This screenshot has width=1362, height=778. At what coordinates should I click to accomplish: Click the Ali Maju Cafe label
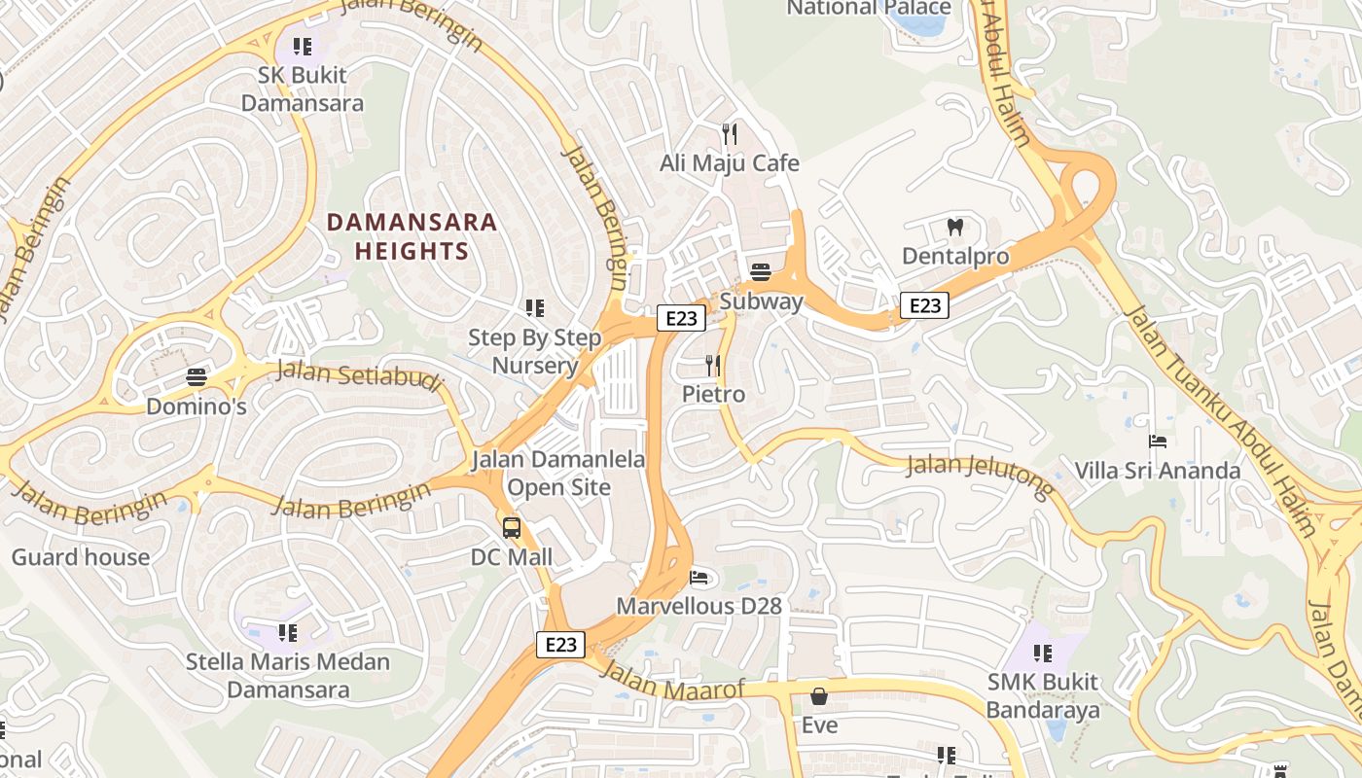point(729,163)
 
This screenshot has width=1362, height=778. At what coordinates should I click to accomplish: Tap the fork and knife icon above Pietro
point(713,366)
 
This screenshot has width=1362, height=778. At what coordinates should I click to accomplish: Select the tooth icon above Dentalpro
point(954,228)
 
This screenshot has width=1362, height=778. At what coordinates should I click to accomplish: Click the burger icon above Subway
point(761,272)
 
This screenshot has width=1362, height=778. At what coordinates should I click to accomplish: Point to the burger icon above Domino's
point(197,377)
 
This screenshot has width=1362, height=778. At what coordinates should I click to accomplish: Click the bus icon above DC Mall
point(511,528)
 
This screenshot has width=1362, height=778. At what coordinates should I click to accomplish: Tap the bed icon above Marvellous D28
point(699,578)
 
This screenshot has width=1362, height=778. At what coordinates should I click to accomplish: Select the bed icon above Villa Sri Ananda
point(1157,442)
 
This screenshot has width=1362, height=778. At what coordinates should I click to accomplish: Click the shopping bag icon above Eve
point(818,696)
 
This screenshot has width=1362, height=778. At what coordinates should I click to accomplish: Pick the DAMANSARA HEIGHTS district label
point(412,236)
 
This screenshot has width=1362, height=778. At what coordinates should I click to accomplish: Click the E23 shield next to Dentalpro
point(923,305)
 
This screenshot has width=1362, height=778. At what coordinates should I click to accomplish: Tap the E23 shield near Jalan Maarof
point(560,644)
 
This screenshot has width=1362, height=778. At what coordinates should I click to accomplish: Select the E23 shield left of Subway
point(680,318)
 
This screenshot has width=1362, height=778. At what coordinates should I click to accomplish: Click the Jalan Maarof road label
point(672,682)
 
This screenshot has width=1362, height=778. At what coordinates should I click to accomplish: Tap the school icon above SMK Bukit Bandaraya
point(1042,653)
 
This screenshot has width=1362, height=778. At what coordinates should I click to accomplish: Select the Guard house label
point(81,557)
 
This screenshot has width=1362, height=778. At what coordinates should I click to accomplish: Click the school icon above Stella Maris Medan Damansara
point(287,633)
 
